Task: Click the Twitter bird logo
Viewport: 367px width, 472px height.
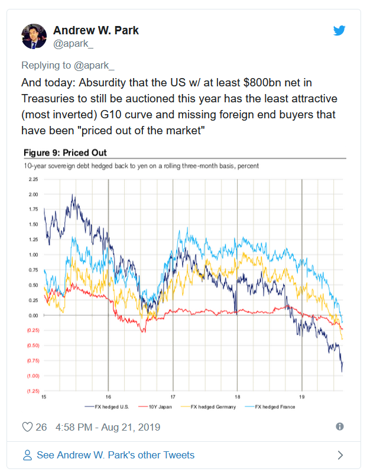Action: click(339, 30)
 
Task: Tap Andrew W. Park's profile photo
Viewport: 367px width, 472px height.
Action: click(34, 37)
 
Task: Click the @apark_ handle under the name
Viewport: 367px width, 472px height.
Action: click(73, 44)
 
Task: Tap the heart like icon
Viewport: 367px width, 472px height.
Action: click(27, 427)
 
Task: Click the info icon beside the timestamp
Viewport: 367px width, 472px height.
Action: click(340, 426)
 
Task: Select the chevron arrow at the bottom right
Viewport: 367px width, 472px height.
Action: click(340, 455)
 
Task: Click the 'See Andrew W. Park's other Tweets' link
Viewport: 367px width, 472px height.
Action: click(115, 455)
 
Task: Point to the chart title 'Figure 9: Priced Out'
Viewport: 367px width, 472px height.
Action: click(65, 153)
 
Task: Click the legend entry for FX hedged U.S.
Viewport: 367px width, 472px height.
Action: click(107, 407)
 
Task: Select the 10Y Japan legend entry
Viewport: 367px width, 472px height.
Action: click(155, 407)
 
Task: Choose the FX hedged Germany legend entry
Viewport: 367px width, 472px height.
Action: click(208, 407)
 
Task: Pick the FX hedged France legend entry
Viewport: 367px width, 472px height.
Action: click(270, 407)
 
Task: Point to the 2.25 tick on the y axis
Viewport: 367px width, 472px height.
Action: click(34, 179)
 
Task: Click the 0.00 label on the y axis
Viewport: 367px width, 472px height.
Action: click(34, 315)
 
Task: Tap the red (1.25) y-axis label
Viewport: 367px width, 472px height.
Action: click(33, 391)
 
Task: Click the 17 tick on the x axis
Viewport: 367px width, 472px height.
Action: click(173, 397)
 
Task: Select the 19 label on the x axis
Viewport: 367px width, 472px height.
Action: click(302, 397)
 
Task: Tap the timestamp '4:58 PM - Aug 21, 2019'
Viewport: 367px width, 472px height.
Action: click(108, 427)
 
